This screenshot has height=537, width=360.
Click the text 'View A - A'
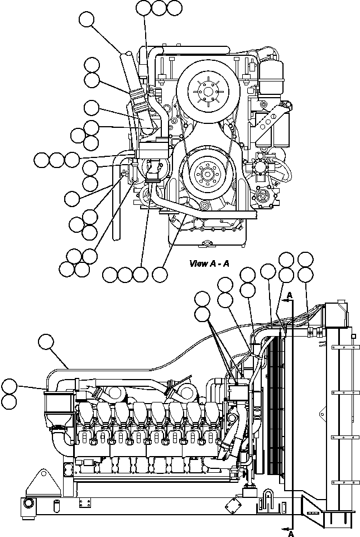pyautogui.click(x=209, y=263)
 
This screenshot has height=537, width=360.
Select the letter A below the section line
pyautogui.click(x=290, y=533)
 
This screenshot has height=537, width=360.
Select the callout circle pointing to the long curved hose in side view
pyautogui.click(x=47, y=342)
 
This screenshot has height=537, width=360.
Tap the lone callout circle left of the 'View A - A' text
pyautogui.click(x=160, y=274)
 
